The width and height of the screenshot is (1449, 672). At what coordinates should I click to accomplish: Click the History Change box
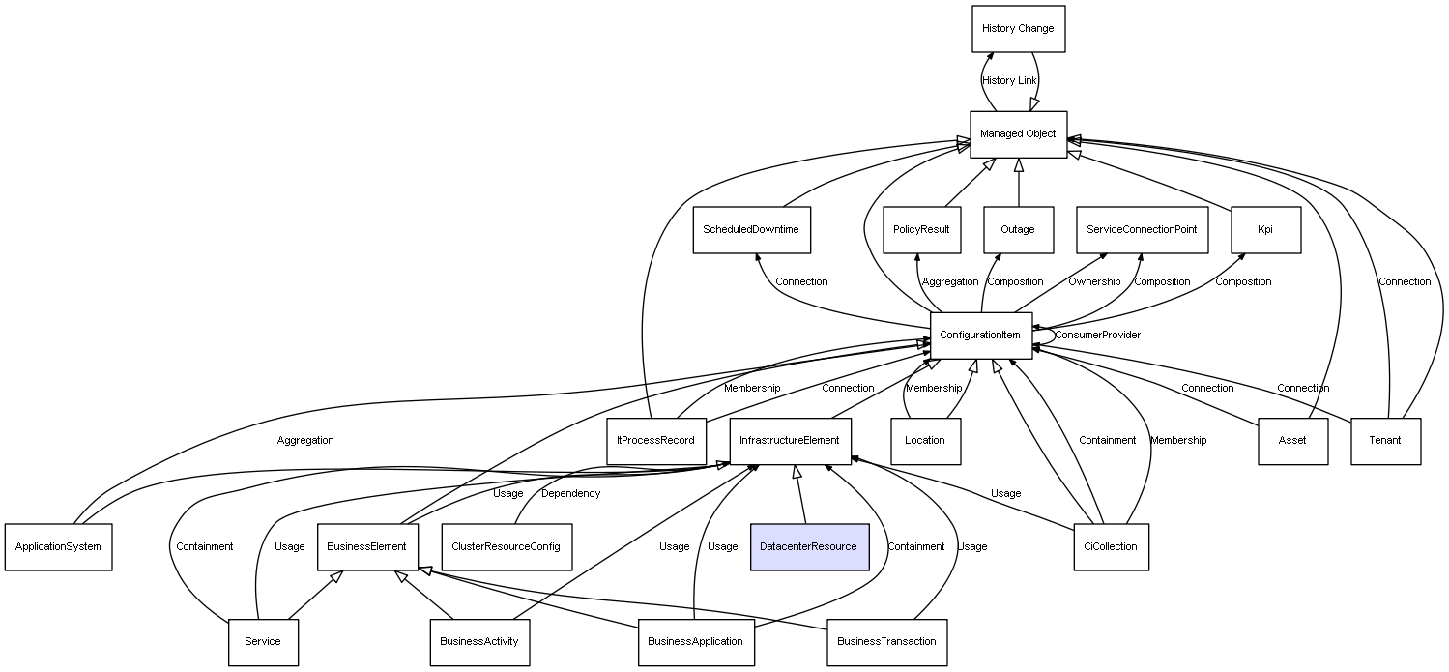coord(1018,29)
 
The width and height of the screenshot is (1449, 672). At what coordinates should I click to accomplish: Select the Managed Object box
coord(1018,134)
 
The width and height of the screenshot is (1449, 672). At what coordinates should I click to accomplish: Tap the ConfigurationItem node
coord(980,336)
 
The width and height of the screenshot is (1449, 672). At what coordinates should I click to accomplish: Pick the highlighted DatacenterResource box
coord(808,546)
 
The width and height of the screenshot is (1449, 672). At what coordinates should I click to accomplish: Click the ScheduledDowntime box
coord(751,230)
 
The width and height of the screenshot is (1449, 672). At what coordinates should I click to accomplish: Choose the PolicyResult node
coord(921,230)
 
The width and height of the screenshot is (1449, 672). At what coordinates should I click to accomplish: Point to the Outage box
coord(1018,230)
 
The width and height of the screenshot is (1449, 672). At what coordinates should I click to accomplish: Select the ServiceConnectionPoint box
coord(1142,230)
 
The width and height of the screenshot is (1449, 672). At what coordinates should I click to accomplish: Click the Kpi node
coord(1265,230)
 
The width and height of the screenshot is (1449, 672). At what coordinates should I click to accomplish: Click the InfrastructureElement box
coord(790,441)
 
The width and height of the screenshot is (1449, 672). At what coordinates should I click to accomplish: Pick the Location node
coord(925,441)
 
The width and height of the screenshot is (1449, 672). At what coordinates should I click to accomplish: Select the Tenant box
coord(1385,441)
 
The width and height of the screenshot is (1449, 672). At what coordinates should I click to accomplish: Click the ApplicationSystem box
coord(58,546)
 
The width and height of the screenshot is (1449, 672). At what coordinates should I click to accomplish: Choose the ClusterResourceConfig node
coord(506,546)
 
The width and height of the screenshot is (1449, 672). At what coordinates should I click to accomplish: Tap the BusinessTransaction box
coord(886,641)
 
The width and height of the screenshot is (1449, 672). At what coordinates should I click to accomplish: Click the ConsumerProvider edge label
coord(1097,336)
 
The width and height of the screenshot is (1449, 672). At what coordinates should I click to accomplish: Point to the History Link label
coord(1009,81)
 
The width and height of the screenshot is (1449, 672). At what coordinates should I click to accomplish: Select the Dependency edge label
coord(570,494)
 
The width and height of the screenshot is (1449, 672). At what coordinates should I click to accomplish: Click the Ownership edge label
coord(1094,282)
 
